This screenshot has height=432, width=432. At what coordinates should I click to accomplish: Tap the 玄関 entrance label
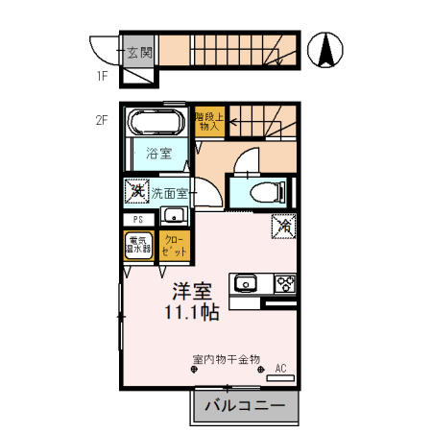coord(136,52)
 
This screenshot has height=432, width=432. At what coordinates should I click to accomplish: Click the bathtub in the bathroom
coord(156,123)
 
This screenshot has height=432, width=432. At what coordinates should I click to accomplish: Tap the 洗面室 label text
coord(169,192)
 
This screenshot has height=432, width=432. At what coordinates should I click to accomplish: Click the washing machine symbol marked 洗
coord(136,191)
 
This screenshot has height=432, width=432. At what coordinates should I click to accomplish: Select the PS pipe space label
coord(138,219)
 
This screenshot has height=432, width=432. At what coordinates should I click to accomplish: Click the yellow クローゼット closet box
coord(174,246)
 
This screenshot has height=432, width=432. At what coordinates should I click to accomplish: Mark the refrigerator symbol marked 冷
coord(285,228)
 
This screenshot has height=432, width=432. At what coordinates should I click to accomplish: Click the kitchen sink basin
coord(245,283)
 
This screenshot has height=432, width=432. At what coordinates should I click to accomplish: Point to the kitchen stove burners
coord(285,282)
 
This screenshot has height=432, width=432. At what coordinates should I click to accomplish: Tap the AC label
coord(281,368)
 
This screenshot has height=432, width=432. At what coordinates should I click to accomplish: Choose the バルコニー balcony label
coord(245,406)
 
